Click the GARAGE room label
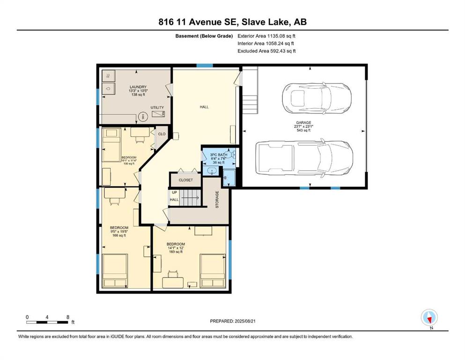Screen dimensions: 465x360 [303, 122]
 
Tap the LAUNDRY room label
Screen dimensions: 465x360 [138, 87]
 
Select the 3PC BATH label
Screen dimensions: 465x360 [219, 155]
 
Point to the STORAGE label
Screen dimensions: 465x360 [217, 199]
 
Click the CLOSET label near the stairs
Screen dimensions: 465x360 [185, 180]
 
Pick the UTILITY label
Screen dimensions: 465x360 [157, 107]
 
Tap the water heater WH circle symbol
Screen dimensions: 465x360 [142, 116]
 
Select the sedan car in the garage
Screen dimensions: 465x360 [317, 97]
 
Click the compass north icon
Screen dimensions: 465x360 [429, 317]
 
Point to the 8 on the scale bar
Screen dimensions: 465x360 [68, 317]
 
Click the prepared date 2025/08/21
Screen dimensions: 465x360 [245, 321]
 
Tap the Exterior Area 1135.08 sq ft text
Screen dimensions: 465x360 [266, 36]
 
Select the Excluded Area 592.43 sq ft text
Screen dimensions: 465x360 [266, 51]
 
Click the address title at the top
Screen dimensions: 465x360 [232, 22]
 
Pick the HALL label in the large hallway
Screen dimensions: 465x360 [204, 107]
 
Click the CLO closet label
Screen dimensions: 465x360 [162, 134]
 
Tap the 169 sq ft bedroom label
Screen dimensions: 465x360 [176, 252]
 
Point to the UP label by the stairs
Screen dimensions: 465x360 [174, 192]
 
